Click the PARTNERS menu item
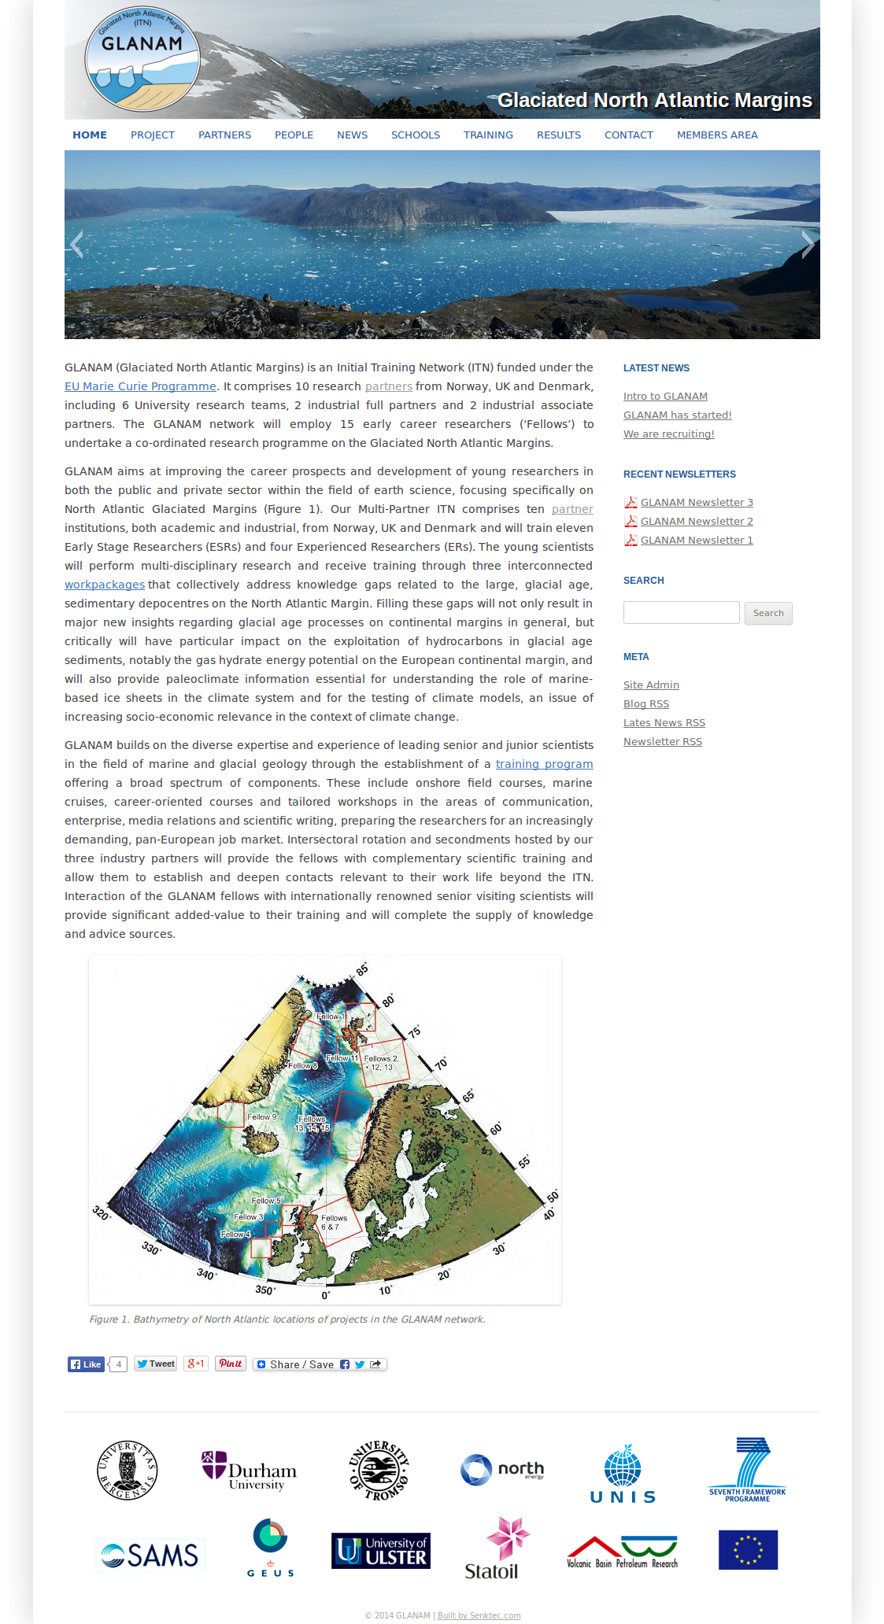[224, 135]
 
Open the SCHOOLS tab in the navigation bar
[415, 135]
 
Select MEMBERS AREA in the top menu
[717, 135]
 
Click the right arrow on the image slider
[808, 245]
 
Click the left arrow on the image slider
[76, 245]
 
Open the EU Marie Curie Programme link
[140, 386]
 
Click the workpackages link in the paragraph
[105, 585]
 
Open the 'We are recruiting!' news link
[668, 434]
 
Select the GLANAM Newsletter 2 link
[697, 522]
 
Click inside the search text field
[681, 613]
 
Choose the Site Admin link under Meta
[651, 685]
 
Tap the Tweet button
[155, 1364]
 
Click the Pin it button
[231, 1364]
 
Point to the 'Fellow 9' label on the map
[261, 1117]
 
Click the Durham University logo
[249, 1470]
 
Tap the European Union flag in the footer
[748, 1550]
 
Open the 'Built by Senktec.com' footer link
[479, 1616]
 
